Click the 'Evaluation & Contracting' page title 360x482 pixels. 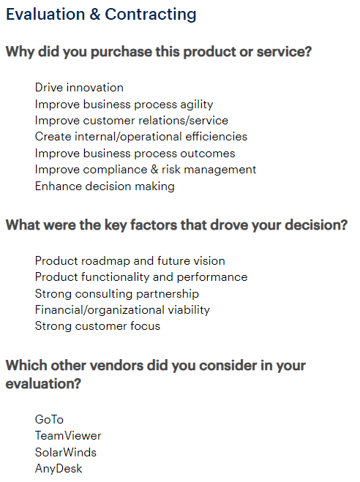pyautogui.click(x=101, y=14)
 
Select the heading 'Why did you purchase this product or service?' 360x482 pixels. pyautogui.click(x=159, y=53)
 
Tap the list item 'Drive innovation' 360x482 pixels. pyautogui.click(x=79, y=88)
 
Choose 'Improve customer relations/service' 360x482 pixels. pyautogui.click(x=132, y=120)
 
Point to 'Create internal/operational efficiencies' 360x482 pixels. pyautogui.click(x=141, y=136)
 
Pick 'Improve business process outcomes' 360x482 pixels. pyautogui.click(x=135, y=153)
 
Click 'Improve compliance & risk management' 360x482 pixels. pyautogui.click(x=146, y=169)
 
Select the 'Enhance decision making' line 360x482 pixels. pyautogui.click(x=105, y=186)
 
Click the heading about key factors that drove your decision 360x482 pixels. pyautogui.click(x=176, y=225)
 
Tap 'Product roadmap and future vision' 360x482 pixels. pyautogui.click(x=130, y=260)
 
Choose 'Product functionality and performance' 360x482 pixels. pyautogui.click(x=141, y=277)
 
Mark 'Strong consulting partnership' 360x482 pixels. pyautogui.click(x=117, y=293)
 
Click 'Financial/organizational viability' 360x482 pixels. pyautogui.click(x=122, y=309)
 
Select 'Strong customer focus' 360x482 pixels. pyautogui.click(x=97, y=325)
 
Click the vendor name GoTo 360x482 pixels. pyautogui.click(x=49, y=420)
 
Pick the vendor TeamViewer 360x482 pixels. pyautogui.click(x=68, y=436)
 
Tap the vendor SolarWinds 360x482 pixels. pyautogui.click(x=66, y=452)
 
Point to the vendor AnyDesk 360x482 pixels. pyautogui.click(x=59, y=468)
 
